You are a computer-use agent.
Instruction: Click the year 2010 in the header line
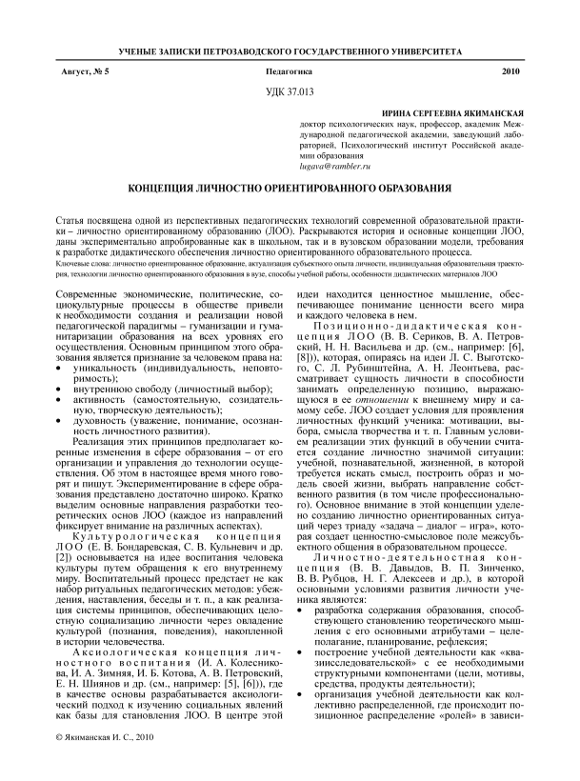point(511,71)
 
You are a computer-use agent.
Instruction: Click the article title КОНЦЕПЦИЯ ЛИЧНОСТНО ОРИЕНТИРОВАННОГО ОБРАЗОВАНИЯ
point(290,189)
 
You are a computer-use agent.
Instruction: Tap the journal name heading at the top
point(290,49)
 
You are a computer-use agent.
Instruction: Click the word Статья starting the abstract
point(72,218)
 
